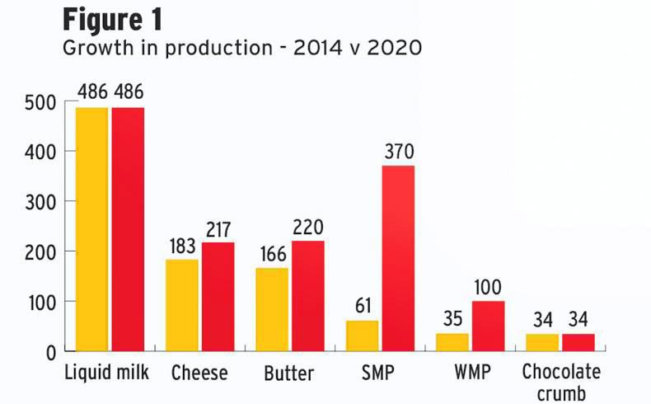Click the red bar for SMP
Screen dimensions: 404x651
pos(398,258)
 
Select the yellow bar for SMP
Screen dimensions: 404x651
pos(362,336)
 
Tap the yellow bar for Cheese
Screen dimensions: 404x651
pos(182,305)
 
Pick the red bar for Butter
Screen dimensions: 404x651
pos(308,295)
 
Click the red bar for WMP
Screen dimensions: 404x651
pos(488,326)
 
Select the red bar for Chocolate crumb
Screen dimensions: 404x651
pos(578,342)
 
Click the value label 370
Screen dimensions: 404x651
pos(399,152)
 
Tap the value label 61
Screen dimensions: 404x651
pos(363,307)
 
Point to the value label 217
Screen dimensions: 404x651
pos(218,228)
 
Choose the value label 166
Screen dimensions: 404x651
pos(273,254)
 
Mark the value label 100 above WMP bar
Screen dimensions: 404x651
pos(489,287)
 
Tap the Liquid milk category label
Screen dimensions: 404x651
pos(106,373)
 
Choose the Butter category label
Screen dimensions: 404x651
pos(288,373)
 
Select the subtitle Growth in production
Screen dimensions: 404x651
pos(242,48)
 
